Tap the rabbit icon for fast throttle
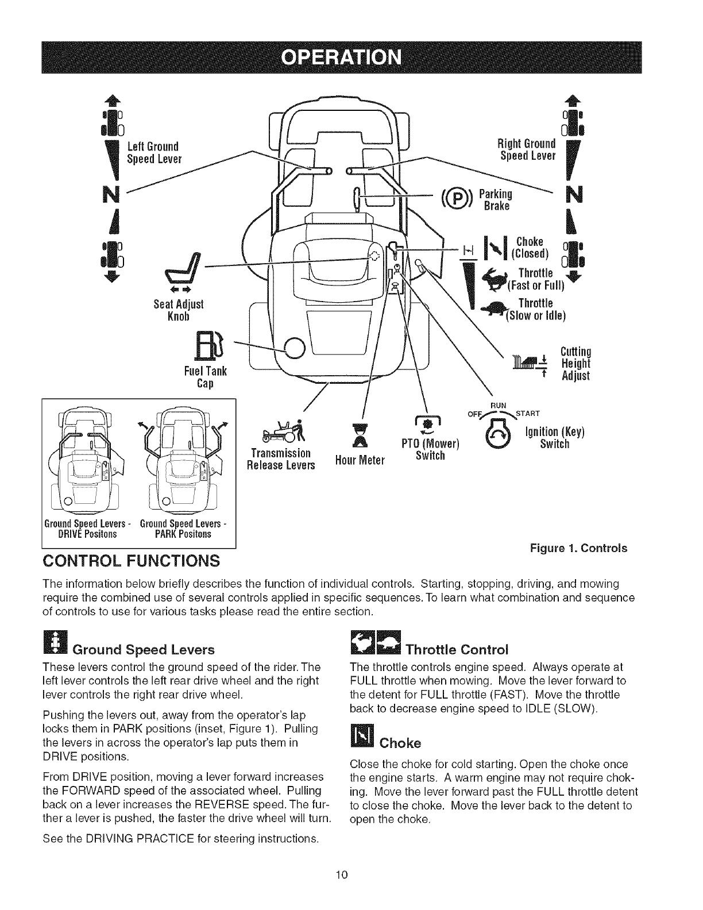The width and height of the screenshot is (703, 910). coord(498,277)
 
